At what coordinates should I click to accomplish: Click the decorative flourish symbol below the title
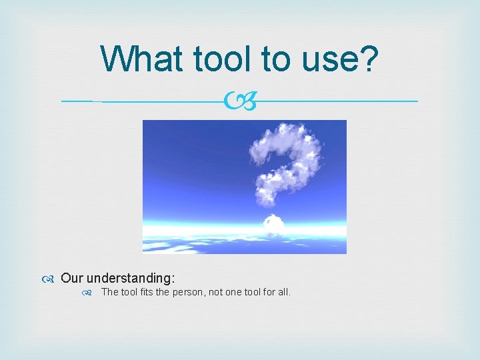click(240, 102)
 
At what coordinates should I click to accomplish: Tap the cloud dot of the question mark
click(274, 224)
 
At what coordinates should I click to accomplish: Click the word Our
click(72, 277)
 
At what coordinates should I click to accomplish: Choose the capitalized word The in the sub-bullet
click(109, 292)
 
